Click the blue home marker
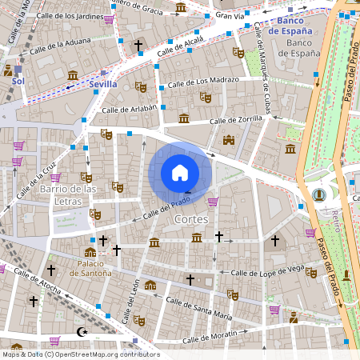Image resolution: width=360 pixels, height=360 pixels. pyautogui.click(x=180, y=173)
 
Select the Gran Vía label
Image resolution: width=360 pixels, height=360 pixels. pyautogui.click(x=230, y=15)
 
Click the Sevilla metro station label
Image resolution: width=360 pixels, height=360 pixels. pyautogui.click(x=103, y=84)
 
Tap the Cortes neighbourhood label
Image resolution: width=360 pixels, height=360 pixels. pyautogui.click(x=190, y=218)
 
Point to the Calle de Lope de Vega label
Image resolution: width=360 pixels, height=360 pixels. pyautogui.click(x=267, y=273)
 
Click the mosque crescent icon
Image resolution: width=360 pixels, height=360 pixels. pyautogui.click(x=80, y=331)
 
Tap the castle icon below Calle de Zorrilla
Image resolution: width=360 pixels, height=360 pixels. pyautogui.click(x=229, y=140)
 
